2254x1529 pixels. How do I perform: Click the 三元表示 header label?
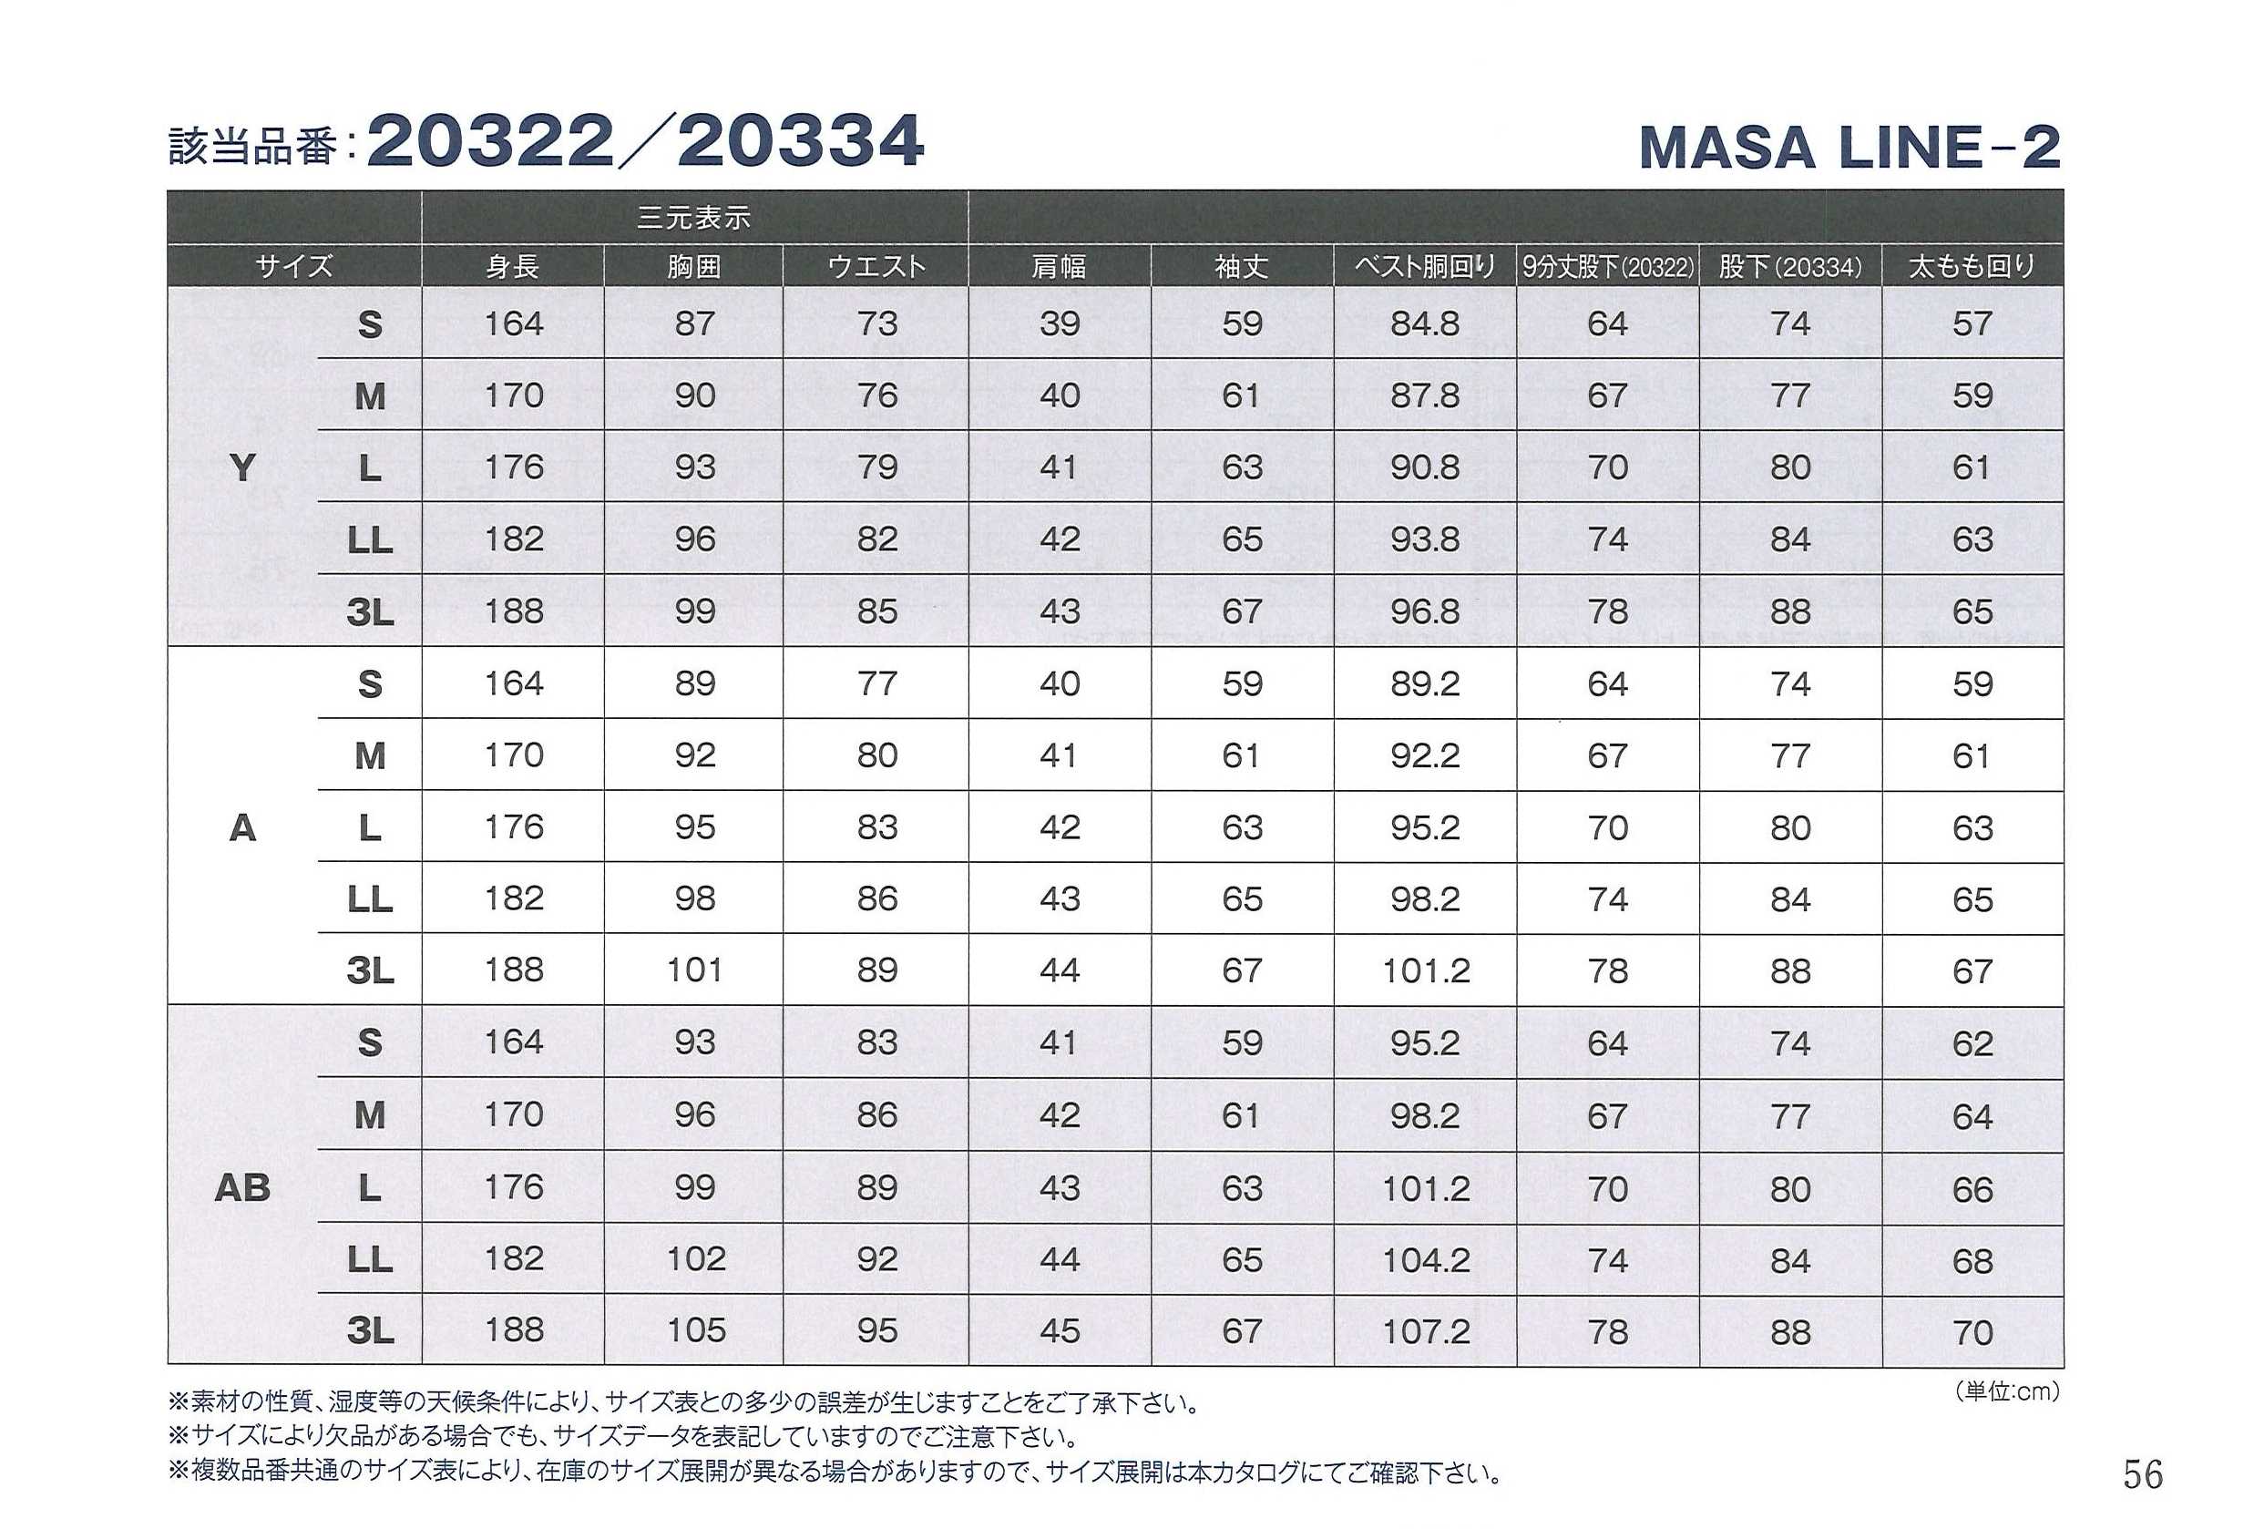tap(693, 217)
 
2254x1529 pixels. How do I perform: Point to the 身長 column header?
tap(512, 266)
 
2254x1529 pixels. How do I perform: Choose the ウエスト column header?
tap(876, 266)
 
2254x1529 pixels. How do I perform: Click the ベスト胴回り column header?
tap(1424, 266)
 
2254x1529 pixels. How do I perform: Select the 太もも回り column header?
tap(1972, 266)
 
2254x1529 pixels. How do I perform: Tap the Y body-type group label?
tap(242, 468)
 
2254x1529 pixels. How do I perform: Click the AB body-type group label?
tap(242, 1188)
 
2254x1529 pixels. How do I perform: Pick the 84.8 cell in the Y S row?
tap(1424, 323)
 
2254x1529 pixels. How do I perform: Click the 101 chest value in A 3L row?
tap(694, 970)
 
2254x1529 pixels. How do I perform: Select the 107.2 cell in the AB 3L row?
tap(1425, 1331)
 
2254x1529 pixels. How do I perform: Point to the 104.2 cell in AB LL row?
tap(1425, 1259)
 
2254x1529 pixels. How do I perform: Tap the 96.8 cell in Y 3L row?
tap(1424, 611)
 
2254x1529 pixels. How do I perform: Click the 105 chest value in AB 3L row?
tap(695, 1330)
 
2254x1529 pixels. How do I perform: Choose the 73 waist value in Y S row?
tap(876, 323)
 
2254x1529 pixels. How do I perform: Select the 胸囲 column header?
tap(694, 266)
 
